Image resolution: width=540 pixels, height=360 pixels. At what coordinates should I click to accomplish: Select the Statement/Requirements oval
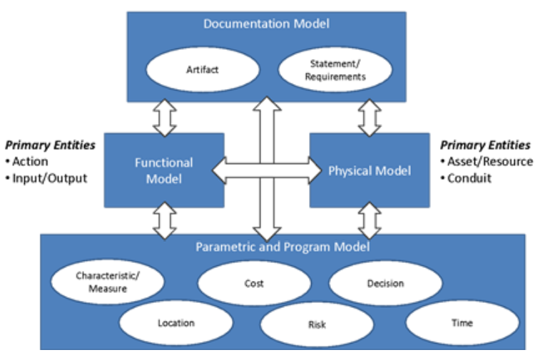click(x=334, y=71)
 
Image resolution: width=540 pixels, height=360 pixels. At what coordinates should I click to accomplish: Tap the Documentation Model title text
click(x=266, y=24)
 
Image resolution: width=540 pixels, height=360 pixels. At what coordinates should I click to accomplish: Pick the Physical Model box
click(x=370, y=171)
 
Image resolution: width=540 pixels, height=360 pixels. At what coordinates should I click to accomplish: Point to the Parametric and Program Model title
click(x=282, y=247)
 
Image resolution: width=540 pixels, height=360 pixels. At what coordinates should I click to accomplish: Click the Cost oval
click(x=253, y=283)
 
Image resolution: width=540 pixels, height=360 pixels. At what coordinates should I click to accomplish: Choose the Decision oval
click(x=385, y=283)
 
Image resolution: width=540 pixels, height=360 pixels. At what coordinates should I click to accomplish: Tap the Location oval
click(x=175, y=323)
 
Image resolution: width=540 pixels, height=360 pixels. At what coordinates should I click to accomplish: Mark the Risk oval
click(x=317, y=325)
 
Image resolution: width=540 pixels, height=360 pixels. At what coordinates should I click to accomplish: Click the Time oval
click(x=462, y=323)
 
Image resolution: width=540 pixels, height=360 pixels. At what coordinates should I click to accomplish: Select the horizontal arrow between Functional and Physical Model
click(x=267, y=170)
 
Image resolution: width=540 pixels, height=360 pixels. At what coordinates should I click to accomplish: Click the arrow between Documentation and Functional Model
click(x=165, y=118)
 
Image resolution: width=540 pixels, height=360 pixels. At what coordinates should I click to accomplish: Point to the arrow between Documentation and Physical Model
click(x=369, y=118)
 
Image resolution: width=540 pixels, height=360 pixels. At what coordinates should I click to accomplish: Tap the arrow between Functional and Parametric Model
click(x=165, y=221)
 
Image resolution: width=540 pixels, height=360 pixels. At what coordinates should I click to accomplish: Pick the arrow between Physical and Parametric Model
click(x=369, y=221)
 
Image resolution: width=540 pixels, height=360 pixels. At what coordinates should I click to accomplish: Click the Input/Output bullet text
click(x=49, y=178)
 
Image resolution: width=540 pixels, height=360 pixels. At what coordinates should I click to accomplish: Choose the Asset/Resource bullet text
click(x=489, y=161)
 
